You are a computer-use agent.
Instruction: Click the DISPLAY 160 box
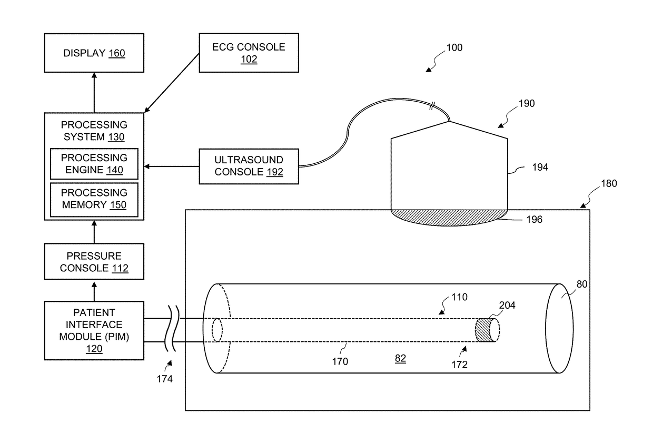pos(94,53)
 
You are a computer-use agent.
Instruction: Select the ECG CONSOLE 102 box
pos(249,53)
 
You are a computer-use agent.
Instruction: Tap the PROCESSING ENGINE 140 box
pos(94,164)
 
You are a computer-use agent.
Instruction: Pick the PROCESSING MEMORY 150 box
pos(94,200)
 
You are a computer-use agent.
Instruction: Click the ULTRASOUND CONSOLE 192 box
pos(249,166)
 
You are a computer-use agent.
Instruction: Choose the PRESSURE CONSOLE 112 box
pos(94,262)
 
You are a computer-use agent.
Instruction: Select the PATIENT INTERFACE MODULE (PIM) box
pos(94,330)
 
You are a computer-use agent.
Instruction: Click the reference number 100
pos(454,47)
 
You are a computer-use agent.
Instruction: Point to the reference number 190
pos(527,104)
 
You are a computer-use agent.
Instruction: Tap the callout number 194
pos(540,167)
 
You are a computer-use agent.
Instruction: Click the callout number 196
pos(534,219)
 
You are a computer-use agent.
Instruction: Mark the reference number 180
pos(609,183)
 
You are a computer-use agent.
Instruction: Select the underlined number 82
pos(400,358)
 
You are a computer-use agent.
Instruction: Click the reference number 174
pos(164,379)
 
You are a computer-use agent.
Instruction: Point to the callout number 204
pos(507,306)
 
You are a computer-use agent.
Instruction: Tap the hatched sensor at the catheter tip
pos(482,330)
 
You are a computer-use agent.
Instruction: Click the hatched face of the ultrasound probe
pos(449,217)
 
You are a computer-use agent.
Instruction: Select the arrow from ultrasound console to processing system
pos(172,166)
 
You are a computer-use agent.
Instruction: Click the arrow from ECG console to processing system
pos(172,83)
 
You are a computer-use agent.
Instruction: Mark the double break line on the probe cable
pos(432,106)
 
